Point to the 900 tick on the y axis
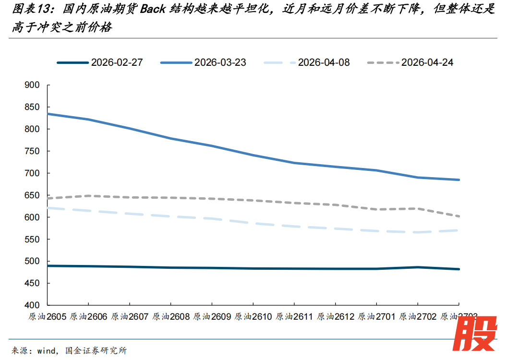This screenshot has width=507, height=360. tap(32, 85)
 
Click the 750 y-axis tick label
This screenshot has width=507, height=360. tap(32, 151)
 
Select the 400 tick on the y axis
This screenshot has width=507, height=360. tap(32, 305)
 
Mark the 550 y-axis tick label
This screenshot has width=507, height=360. tap(32, 240)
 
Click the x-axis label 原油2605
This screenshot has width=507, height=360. tap(47, 317)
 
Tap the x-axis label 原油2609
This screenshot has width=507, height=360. tap(211, 317)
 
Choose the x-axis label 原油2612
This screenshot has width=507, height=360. tap(335, 317)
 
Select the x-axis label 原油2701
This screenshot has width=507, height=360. tap(376, 317)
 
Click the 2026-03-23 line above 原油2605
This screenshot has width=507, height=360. tap(47, 114)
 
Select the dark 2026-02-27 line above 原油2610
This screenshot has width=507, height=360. tap(253, 268)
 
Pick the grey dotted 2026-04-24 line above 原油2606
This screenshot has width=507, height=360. tap(88, 196)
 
